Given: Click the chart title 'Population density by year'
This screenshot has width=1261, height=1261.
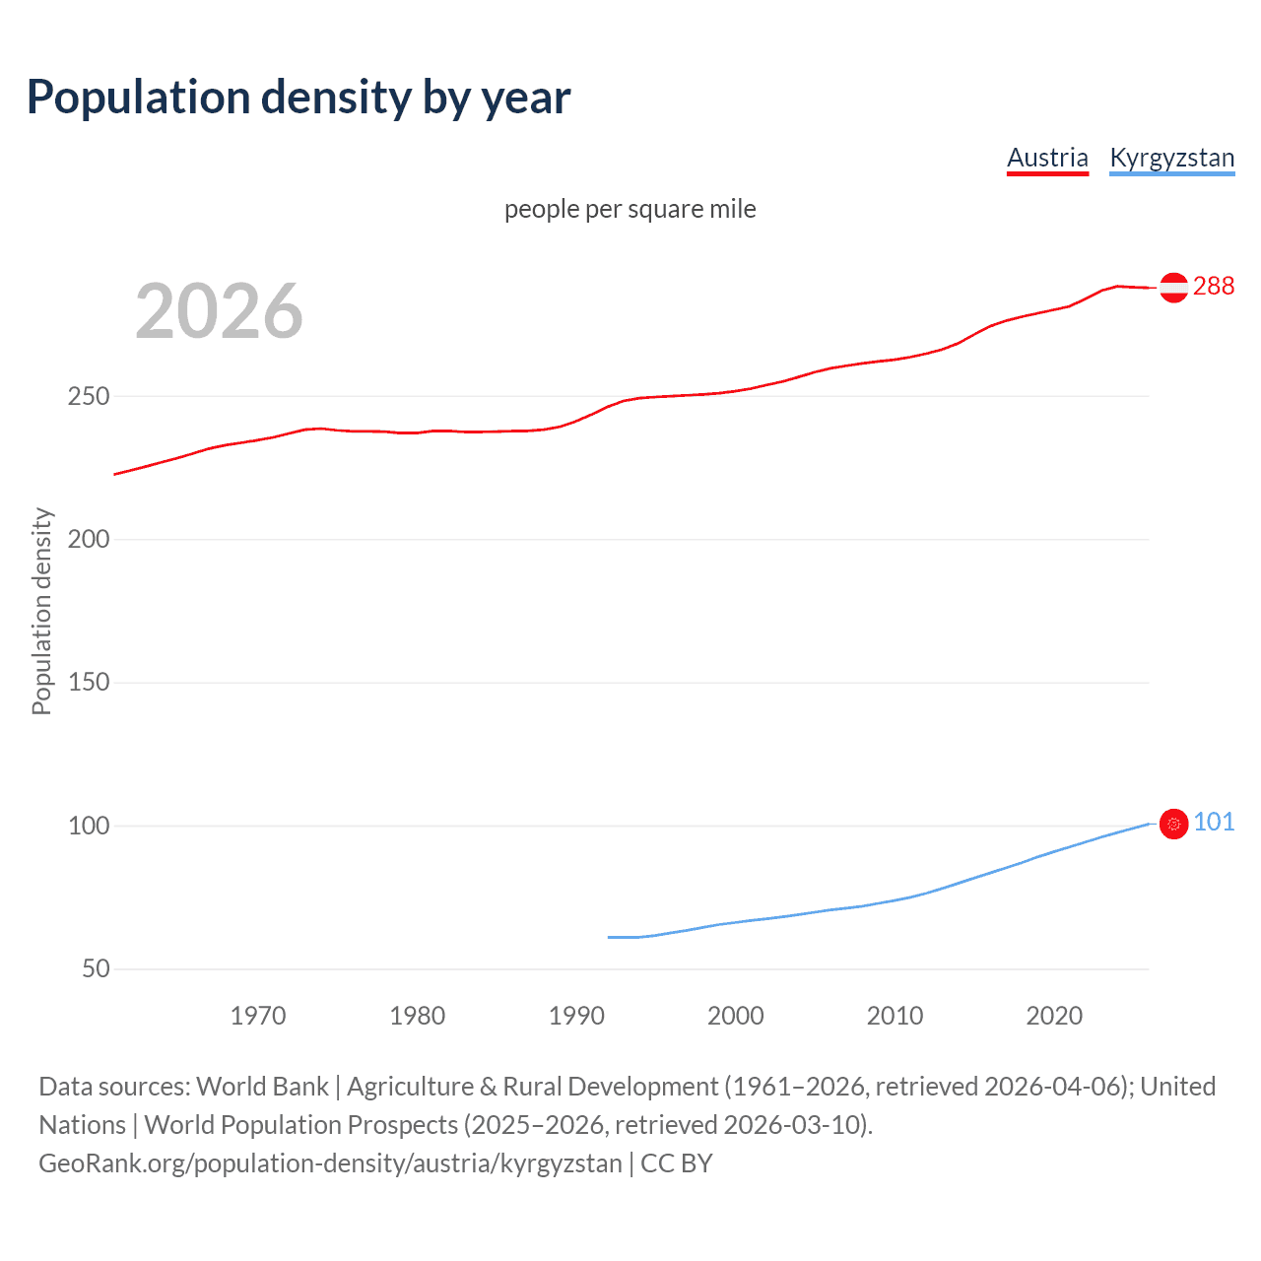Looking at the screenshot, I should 299,97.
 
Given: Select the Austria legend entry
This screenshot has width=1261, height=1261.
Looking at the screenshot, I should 1047,158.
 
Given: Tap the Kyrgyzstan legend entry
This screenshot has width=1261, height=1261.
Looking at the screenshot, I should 1171,158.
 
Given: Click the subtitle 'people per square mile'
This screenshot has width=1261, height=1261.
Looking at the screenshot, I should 630,209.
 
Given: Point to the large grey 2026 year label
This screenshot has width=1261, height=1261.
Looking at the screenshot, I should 219,311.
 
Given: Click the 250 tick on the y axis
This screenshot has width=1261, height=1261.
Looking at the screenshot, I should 88,397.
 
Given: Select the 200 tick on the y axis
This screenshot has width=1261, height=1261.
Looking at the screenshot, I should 88,540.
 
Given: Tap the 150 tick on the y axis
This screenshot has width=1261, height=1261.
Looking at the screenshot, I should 88,683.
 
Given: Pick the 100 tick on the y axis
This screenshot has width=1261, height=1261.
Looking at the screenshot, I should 88,826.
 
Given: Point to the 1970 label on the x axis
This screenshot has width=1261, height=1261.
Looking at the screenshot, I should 258,1016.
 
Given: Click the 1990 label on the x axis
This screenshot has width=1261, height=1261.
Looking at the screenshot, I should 576,1016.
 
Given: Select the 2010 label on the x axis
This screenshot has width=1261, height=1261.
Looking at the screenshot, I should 895,1016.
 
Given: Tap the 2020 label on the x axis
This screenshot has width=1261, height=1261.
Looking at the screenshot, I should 1054,1016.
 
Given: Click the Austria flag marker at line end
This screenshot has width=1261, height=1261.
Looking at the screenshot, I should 1173,287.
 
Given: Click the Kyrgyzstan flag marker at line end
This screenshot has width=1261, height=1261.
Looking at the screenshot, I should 1173,824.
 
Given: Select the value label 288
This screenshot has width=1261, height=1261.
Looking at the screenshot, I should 1213,286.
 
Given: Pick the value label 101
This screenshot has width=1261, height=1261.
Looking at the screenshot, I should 1214,822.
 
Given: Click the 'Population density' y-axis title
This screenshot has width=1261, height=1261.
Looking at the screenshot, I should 41,611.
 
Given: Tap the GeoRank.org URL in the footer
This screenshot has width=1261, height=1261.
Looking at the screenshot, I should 330,1163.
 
